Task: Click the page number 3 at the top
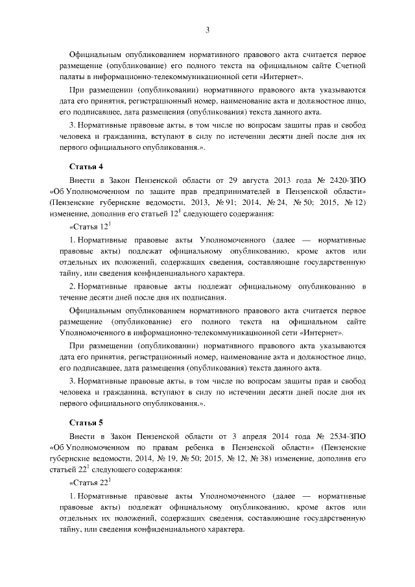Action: pyautogui.click(x=207, y=29)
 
